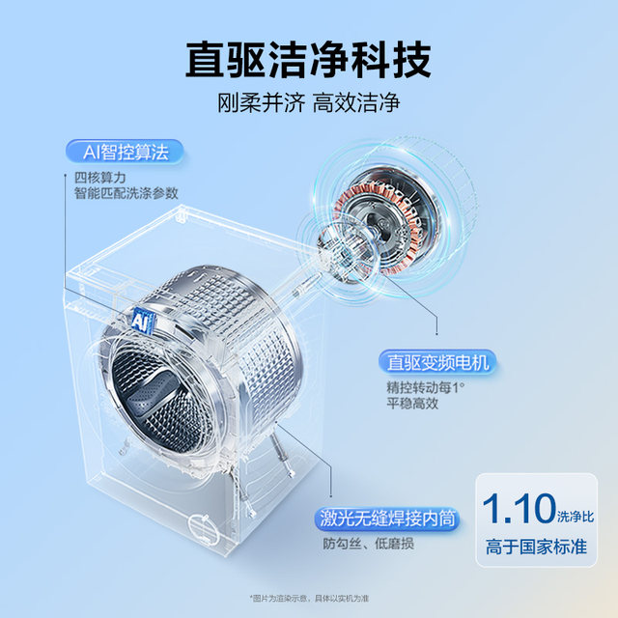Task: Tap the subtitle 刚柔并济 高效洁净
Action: [309, 102]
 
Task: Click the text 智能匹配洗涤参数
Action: [126, 192]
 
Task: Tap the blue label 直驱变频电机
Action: [436, 363]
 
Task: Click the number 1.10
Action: [519, 509]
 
